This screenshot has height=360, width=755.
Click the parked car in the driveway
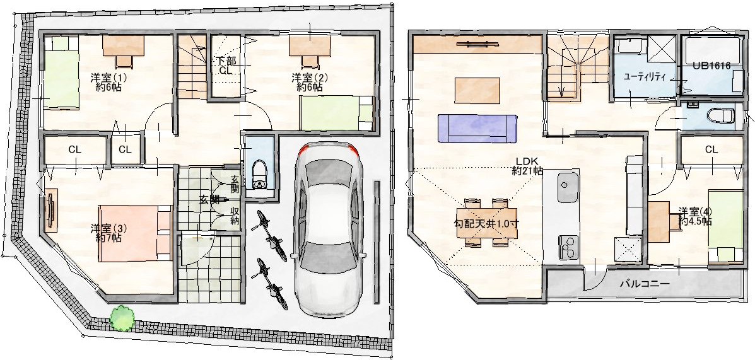pos(329,230)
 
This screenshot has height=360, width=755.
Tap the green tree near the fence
pos(122,318)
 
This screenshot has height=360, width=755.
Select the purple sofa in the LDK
pos(477,128)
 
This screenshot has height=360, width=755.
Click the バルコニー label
pos(644,284)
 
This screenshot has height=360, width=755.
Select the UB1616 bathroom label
pos(711,66)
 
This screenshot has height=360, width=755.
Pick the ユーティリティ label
pos(644,76)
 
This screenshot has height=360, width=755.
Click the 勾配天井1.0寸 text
pos(486,223)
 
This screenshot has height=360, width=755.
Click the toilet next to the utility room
pos(720,116)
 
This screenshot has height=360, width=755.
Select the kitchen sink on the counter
pos(568,188)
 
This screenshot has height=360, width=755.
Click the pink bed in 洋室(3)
pos(136,234)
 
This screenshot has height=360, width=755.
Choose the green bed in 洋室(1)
pos(61,74)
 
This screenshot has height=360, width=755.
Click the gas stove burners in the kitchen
pos(568,248)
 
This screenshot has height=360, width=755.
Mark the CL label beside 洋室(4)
pos(711,150)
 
